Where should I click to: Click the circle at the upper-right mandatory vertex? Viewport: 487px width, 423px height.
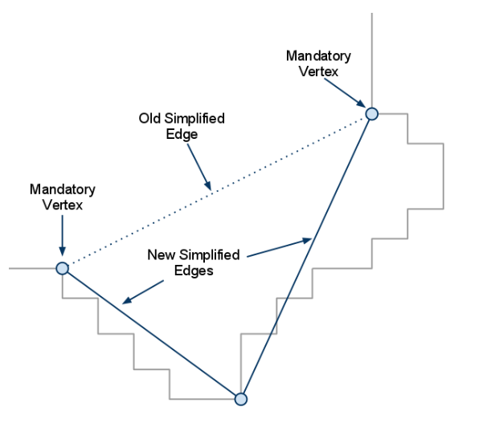(x=372, y=114)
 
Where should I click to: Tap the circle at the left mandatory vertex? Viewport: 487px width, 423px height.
(x=62, y=268)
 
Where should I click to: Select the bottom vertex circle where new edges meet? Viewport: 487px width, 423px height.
(x=239, y=398)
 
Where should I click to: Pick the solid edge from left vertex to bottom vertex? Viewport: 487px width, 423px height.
(x=153, y=334)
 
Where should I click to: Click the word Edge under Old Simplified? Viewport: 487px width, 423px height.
(x=182, y=135)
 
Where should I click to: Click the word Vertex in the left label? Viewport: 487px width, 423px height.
(x=63, y=205)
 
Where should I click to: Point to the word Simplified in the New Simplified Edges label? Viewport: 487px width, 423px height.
(x=207, y=255)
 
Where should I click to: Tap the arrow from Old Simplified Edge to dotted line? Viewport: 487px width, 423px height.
(x=198, y=168)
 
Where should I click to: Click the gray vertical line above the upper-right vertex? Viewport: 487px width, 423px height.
(x=371, y=56)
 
